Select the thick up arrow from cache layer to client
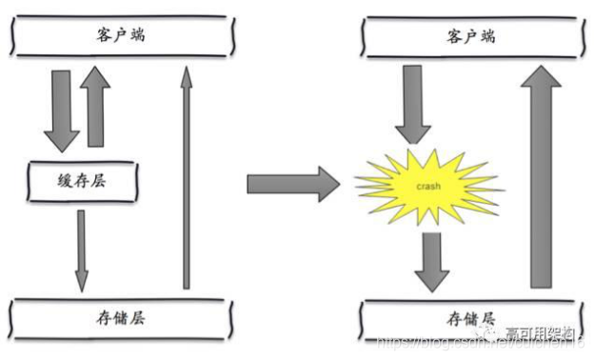point(96,107)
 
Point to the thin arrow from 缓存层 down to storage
point(81,250)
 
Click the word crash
point(427,185)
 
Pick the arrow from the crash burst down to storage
point(431,260)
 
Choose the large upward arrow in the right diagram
point(542,181)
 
